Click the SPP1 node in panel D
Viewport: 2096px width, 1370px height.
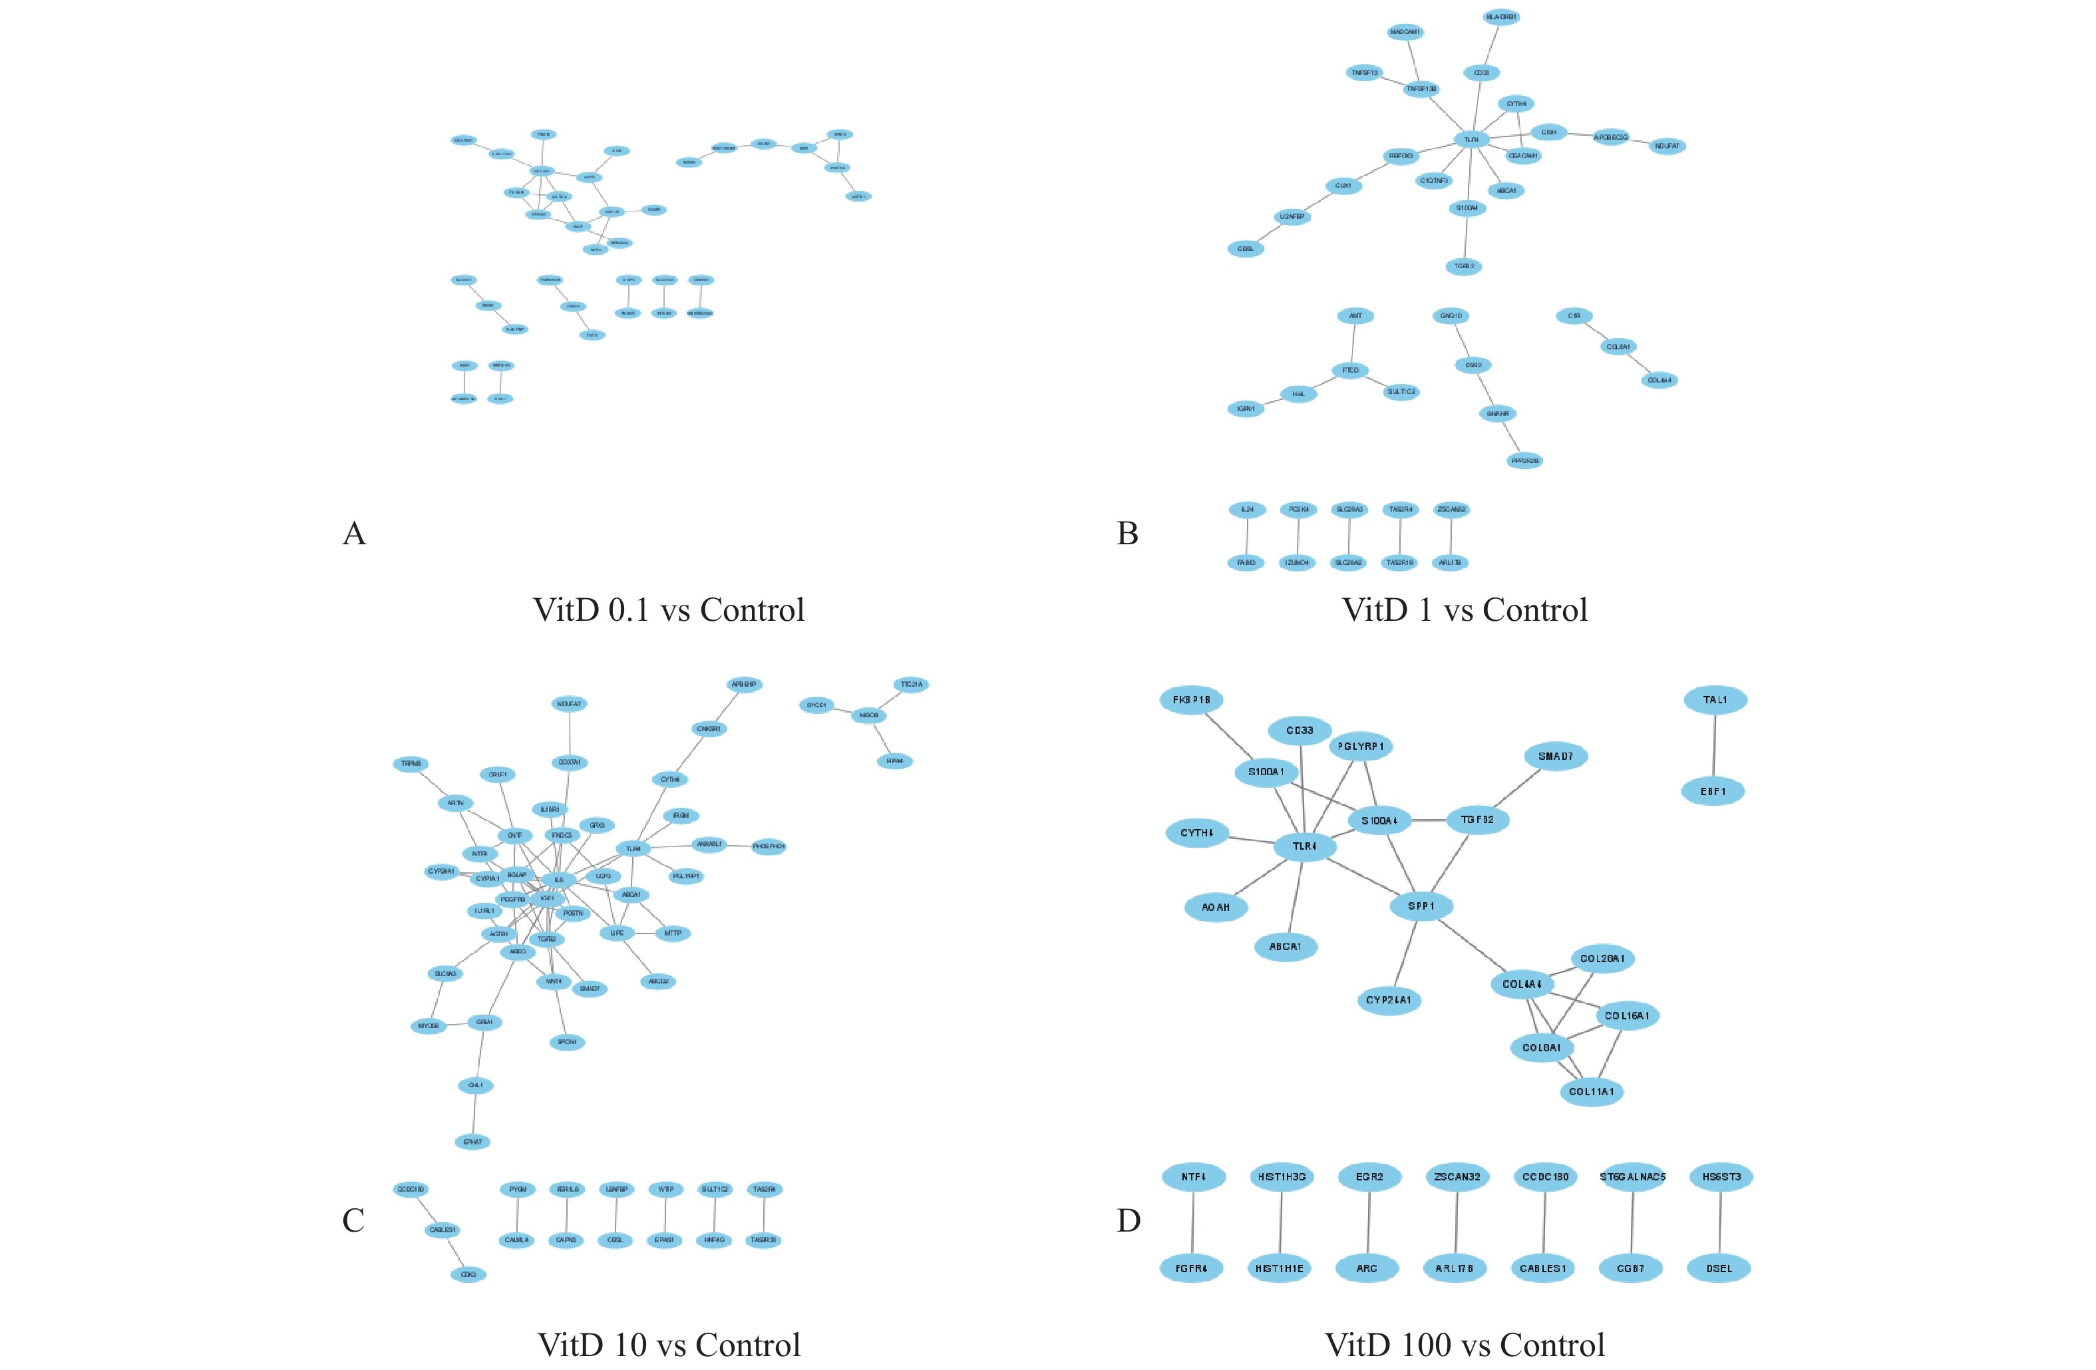coord(1421,906)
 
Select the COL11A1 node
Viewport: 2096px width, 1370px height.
coord(1592,1092)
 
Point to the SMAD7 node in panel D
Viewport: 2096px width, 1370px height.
coord(1555,757)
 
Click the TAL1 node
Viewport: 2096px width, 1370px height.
coord(1715,700)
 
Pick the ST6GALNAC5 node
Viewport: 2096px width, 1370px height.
coord(1632,1176)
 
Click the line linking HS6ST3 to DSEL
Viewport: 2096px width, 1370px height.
coord(1720,1222)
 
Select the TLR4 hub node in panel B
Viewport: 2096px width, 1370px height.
coord(1471,139)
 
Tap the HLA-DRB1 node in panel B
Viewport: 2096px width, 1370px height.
coord(1502,17)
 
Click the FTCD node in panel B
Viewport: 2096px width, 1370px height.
coord(1350,371)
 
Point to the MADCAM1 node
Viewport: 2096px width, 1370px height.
coord(1405,33)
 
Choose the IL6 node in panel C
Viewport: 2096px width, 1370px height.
coord(558,880)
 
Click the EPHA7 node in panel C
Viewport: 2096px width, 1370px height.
coord(473,1142)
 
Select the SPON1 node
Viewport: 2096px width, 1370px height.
coord(566,1043)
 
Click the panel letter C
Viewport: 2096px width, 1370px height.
coord(353,1220)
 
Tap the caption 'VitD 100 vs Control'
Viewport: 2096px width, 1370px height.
coord(1465,1345)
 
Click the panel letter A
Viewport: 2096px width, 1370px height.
coord(354,534)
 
